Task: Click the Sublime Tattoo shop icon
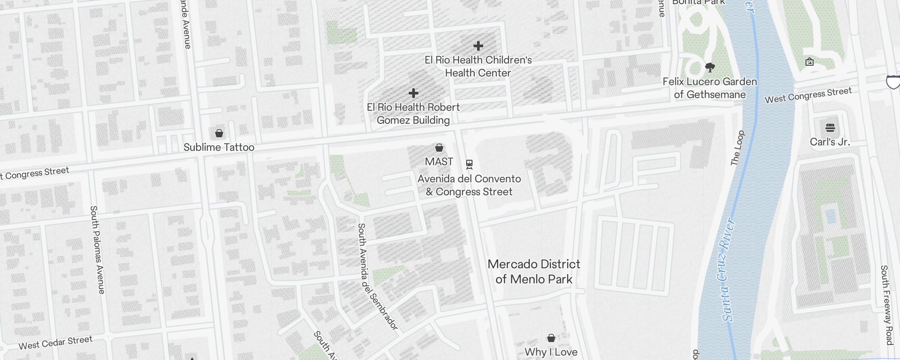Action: tap(219, 133)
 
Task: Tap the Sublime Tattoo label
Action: tap(219, 147)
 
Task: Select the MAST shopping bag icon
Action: tap(439, 148)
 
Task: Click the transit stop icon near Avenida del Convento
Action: tap(469, 165)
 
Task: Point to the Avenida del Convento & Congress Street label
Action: tap(469, 185)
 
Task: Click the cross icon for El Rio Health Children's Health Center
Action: tap(478, 46)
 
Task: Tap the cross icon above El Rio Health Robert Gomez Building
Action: tap(414, 93)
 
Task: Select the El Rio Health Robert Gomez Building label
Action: tap(413, 113)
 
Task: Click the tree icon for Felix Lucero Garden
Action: tap(710, 68)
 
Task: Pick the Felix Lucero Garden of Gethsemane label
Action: tap(710, 88)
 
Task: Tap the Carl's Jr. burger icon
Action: tap(830, 128)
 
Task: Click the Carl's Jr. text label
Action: tap(830, 142)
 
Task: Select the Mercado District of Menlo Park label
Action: tap(534, 271)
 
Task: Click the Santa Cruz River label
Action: tap(728, 270)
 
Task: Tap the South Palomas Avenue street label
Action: tap(98, 250)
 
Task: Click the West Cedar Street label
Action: tap(55, 342)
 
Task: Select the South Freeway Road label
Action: tap(886, 305)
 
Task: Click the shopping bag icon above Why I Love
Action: tap(551, 338)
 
